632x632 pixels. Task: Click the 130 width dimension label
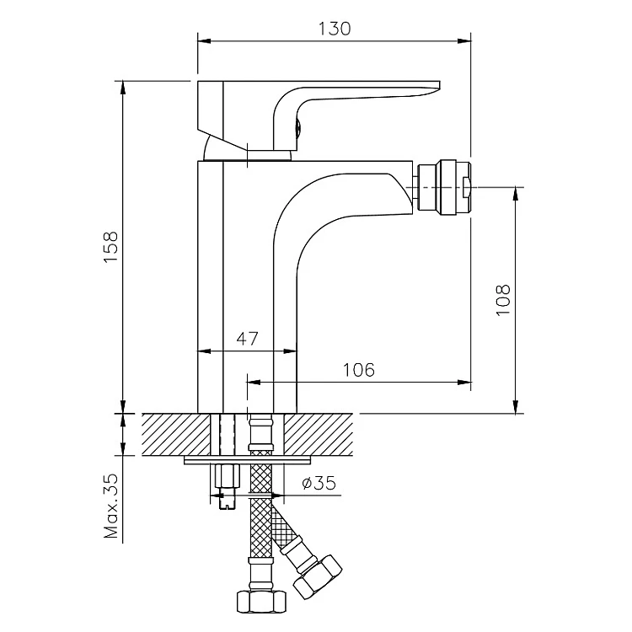tap(335, 29)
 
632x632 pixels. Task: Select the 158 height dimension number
tap(110, 247)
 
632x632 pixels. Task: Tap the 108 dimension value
tap(502, 300)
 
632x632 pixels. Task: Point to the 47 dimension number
tap(247, 339)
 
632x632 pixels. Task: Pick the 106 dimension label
tap(358, 370)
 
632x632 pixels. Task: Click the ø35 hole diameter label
tap(319, 483)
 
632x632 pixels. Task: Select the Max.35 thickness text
tap(111, 506)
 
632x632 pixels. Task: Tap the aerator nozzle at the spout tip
tap(444, 187)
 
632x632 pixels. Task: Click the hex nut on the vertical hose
tap(261, 602)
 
